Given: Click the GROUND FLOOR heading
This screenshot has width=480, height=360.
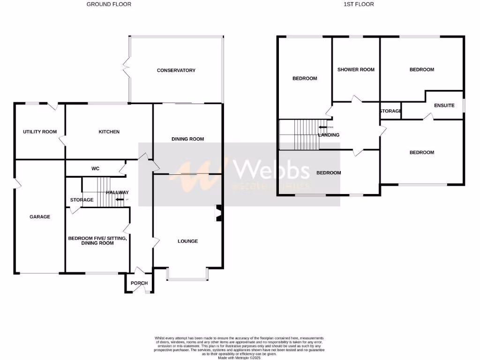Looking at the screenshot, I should point(109,4).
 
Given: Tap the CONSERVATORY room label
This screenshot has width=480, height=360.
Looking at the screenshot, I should point(176,70).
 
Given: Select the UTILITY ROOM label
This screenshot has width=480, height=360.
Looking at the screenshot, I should point(40,132).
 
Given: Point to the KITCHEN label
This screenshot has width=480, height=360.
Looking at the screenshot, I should point(109,132).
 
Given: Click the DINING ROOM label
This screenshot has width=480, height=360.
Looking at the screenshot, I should point(187,139).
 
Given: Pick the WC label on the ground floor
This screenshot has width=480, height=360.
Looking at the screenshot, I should point(95,169).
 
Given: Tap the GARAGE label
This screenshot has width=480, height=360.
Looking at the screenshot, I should point(40,217).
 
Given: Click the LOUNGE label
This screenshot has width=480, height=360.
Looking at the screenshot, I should point(187,241).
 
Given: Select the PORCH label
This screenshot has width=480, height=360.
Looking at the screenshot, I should point(139,283).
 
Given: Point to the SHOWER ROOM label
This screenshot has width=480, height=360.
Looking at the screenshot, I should point(356,69).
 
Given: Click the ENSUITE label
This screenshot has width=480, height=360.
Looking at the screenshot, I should point(444,105).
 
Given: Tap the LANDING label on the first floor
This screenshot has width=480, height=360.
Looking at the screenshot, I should point(329,135).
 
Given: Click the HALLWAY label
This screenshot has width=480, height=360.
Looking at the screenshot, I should point(117,193).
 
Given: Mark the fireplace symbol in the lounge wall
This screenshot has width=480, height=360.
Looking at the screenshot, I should point(218,213).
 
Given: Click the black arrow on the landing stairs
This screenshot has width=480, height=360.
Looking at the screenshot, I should point(323,127).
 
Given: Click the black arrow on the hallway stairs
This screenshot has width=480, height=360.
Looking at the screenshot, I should point(120,200).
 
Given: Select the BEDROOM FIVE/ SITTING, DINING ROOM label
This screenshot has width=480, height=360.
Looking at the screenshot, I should point(97,240).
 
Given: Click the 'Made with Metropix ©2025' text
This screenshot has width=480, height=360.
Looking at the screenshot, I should point(240,357).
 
